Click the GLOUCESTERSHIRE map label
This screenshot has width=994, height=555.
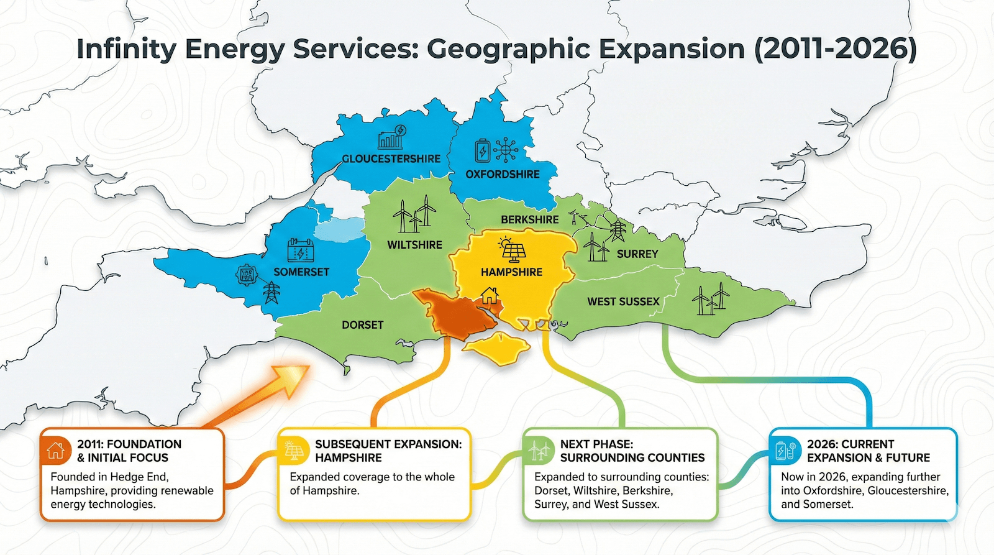coord(391,159)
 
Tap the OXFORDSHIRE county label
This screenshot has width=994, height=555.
coord(503,175)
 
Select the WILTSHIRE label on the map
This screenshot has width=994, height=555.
coord(414,245)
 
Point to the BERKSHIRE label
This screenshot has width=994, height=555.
coord(529,219)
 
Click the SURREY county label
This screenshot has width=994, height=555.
coord(637,254)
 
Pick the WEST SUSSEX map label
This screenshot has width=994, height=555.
coord(623,301)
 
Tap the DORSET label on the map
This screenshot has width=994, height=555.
coord(362,325)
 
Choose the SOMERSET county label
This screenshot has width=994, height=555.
coord(301,272)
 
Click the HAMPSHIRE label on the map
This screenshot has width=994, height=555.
coord(511,272)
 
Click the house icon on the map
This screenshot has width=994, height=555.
coord(490,295)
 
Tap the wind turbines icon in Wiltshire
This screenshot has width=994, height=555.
coord(414,214)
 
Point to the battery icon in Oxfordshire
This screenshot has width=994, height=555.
coord(483,151)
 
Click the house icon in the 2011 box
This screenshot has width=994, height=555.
coord(55,450)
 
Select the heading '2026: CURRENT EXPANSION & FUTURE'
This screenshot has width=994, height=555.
coord(868,451)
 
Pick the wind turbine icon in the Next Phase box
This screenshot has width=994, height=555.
coord(539,450)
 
